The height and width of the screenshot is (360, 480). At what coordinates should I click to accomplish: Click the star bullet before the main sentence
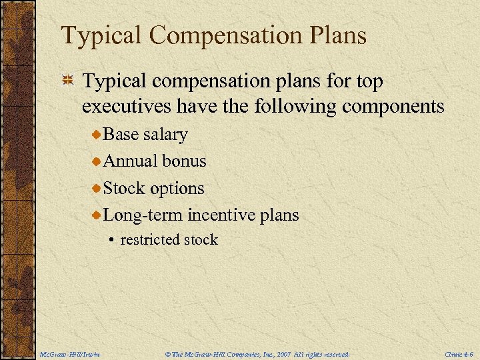67,81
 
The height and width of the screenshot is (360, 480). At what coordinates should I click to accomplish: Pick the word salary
165,135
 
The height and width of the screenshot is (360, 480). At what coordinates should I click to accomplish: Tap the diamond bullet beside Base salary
97,135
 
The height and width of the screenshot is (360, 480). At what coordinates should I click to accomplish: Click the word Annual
131,161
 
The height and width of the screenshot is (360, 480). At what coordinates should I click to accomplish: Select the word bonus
185,161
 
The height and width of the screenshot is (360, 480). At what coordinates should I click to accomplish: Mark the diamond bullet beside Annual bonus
97,161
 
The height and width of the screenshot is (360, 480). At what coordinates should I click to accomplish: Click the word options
177,189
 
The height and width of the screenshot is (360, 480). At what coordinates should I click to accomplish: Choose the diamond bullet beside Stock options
97,189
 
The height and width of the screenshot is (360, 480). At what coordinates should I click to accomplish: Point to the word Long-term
143,215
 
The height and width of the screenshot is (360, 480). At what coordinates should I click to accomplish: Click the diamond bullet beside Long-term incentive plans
97,215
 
